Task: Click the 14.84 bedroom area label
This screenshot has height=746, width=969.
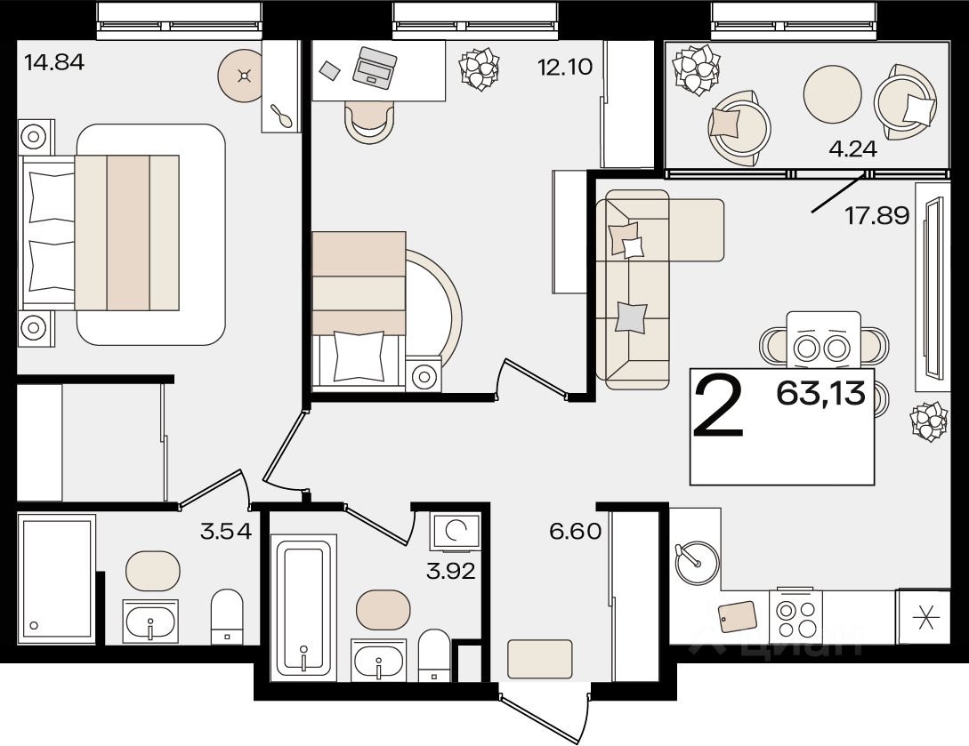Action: pyautogui.click(x=53, y=62)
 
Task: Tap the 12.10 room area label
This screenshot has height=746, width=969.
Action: pyautogui.click(x=565, y=67)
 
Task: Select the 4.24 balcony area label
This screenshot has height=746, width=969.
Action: pyautogui.click(x=852, y=148)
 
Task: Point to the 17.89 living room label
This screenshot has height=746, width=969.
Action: pyautogui.click(x=877, y=215)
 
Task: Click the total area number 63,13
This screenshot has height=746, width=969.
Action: pyautogui.click(x=821, y=392)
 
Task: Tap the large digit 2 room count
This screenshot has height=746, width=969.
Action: pyautogui.click(x=719, y=407)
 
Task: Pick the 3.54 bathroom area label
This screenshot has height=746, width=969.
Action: pyautogui.click(x=226, y=531)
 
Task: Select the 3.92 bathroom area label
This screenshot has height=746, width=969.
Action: pyautogui.click(x=451, y=571)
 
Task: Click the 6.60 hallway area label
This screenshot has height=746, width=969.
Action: pyautogui.click(x=576, y=531)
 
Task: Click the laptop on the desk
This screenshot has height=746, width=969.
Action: pyautogui.click(x=375, y=68)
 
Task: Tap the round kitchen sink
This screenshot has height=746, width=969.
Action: pyautogui.click(x=697, y=562)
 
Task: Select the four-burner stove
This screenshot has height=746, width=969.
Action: pyautogui.click(x=796, y=618)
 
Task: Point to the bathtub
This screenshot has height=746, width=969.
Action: pyautogui.click(x=303, y=608)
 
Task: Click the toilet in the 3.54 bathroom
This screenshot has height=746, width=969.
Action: pyautogui.click(x=228, y=617)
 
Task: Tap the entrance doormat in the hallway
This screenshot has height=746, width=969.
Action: pyautogui.click(x=540, y=659)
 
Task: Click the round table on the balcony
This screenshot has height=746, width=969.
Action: pyautogui.click(x=833, y=94)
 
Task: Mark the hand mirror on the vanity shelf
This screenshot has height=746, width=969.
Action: pyautogui.click(x=282, y=116)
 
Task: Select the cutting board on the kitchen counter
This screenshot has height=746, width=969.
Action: pyautogui.click(x=738, y=617)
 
